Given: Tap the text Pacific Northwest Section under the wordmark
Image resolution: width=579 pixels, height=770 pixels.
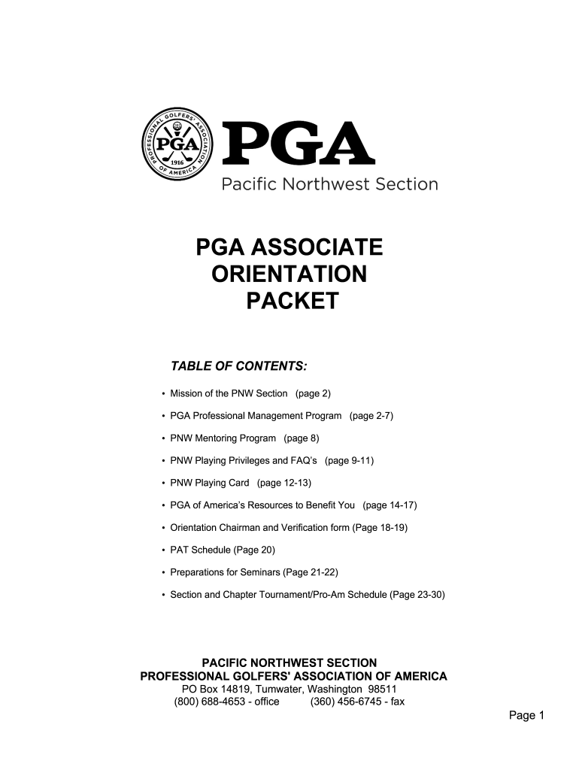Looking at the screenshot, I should pyautogui.click(x=329, y=184).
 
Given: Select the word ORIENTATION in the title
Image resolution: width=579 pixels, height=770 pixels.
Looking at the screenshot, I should pyautogui.click(x=289, y=274).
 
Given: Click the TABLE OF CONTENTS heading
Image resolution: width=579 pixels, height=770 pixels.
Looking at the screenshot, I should pyautogui.click(x=239, y=366).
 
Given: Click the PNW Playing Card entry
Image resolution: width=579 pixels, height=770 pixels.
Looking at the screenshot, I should pyautogui.click(x=211, y=483).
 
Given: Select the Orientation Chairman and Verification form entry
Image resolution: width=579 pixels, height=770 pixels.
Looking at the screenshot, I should pyautogui.click(x=260, y=528).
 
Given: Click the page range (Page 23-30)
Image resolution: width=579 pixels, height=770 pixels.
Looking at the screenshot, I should pyautogui.click(x=418, y=595).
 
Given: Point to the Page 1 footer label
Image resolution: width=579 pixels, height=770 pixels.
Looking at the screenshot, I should pyautogui.click(x=526, y=717).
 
